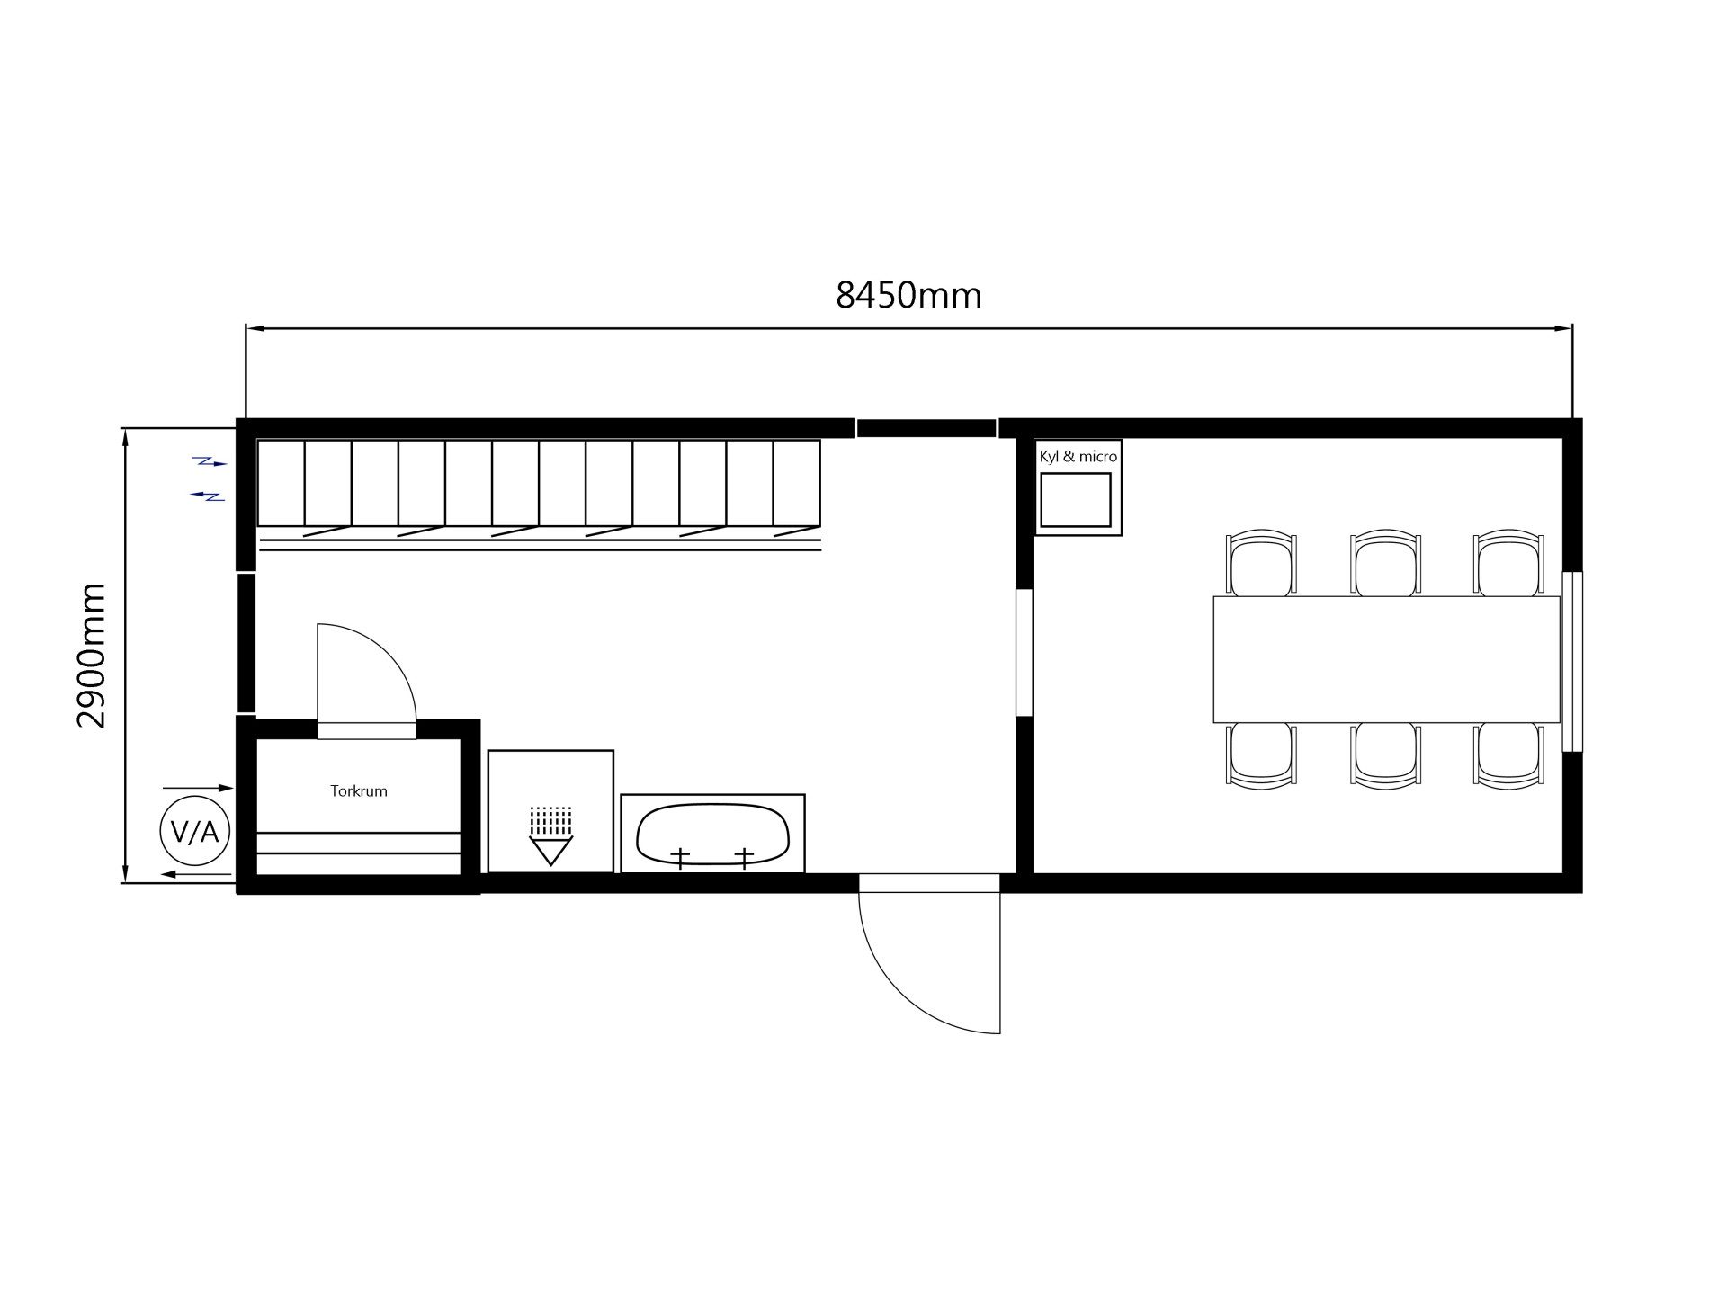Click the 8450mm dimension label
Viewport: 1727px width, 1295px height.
(x=908, y=295)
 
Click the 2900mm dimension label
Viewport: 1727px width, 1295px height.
(x=92, y=656)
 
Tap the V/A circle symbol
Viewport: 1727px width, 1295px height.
(x=195, y=832)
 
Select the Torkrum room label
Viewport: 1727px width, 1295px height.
(x=359, y=791)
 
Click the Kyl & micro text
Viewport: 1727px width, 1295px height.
(x=1078, y=457)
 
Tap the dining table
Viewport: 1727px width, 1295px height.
(x=1386, y=659)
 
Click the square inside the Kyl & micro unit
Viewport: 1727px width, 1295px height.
(x=1076, y=500)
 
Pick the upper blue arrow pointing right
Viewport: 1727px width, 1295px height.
(x=212, y=462)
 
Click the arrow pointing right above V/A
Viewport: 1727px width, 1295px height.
(x=198, y=789)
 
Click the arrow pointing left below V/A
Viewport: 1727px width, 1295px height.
(x=196, y=874)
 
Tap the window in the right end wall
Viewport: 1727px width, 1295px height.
(x=1571, y=661)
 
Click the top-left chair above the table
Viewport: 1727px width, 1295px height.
(x=1262, y=563)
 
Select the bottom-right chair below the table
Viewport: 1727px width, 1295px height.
(x=1508, y=756)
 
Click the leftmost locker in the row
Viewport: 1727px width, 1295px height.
(x=282, y=483)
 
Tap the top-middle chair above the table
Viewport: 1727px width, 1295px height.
(x=1386, y=563)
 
